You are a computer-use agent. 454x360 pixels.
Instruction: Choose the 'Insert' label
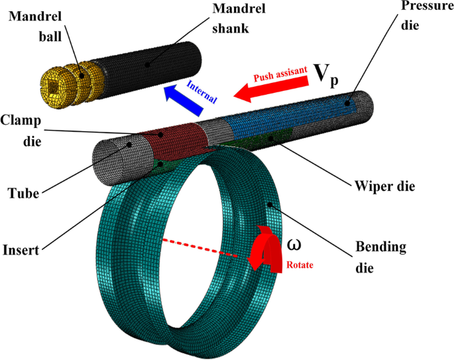pos(20,250)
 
